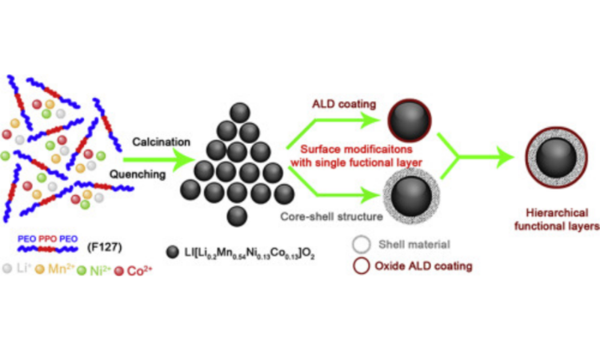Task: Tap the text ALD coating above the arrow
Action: pos(337,103)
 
